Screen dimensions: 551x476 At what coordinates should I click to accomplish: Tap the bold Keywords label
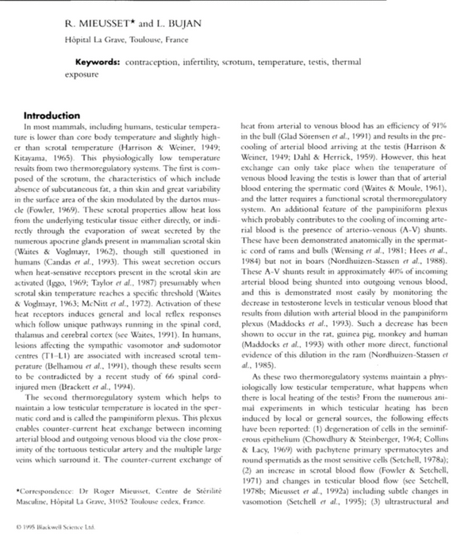pyautogui.click(x=98, y=61)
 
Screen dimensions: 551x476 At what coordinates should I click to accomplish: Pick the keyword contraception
pyautogui.click(x=155, y=61)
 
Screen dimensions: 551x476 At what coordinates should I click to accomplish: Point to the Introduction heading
pyautogui.click(x=52, y=115)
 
